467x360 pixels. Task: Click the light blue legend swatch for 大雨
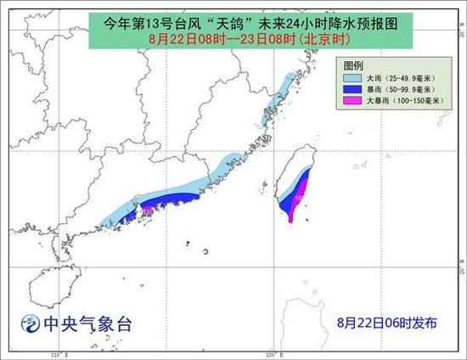coord(352,76)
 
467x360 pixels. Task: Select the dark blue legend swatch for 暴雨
coord(352,87)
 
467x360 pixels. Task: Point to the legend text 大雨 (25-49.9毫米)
coord(397,76)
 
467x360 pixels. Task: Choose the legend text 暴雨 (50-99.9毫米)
coord(397,87)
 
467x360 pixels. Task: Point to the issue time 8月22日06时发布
coord(387,323)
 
